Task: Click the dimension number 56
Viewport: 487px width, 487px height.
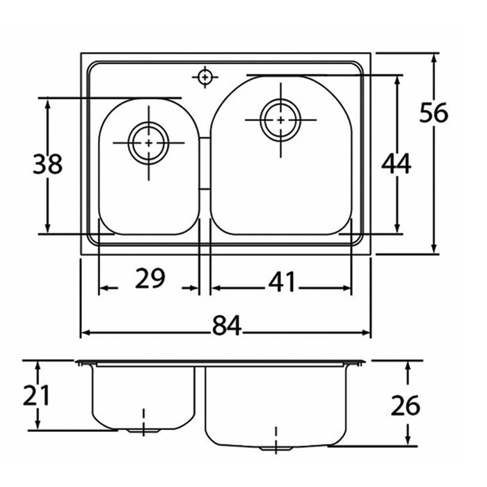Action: point(434,112)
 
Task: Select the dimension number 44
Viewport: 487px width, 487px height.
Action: point(397,163)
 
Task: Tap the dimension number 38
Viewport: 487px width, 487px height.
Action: point(47,164)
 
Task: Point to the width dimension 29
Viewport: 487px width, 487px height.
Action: point(150,278)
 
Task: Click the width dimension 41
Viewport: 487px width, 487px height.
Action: point(282,281)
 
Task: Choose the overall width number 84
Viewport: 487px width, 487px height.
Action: point(226,325)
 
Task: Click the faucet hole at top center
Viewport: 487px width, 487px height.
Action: point(205,77)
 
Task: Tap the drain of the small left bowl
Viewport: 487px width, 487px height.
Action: point(148,143)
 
